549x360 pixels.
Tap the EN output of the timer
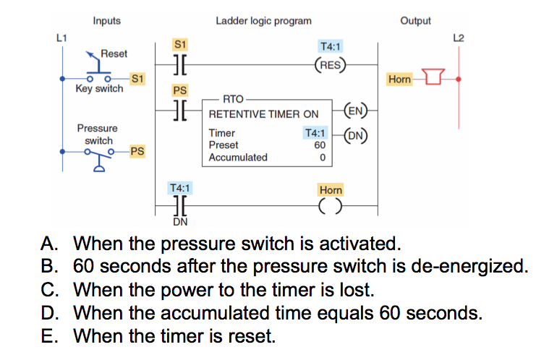coord(354,111)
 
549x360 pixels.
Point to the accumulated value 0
coord(322,158)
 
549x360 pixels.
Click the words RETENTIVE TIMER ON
coord(263,115)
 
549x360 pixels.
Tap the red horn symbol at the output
coord(433,78)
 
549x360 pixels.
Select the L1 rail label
coord(62,37)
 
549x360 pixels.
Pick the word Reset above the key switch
coord(114,53)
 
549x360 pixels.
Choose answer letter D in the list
coord(48,314)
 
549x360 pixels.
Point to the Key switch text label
coord(99,89)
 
